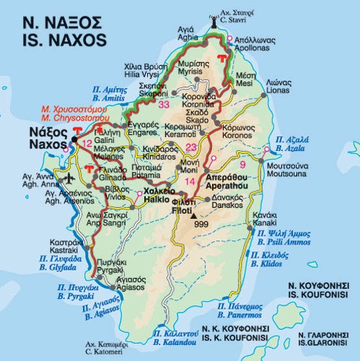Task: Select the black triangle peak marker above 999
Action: click(x=195, y=215)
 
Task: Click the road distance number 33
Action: click(x=164, y=105)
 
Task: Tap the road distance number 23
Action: click(x=191, y=148)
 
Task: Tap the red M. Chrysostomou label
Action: click(x=53, y=118)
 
